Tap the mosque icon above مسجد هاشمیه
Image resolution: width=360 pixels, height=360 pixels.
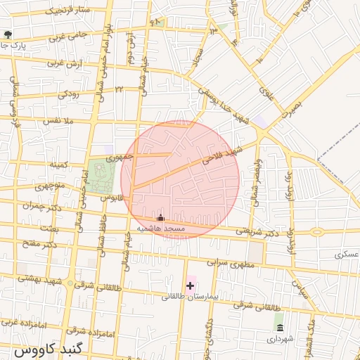pos(160,217)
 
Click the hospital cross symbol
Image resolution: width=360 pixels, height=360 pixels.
pos(190,285)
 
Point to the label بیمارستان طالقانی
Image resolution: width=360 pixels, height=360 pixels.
pos(191,297)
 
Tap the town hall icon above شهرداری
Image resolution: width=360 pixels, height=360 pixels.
pos(280,328)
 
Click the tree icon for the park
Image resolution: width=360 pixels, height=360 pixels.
pos(8,34)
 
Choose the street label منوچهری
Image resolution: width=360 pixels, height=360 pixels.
pos(50,186)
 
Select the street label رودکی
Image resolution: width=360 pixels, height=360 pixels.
pos(72,93)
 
